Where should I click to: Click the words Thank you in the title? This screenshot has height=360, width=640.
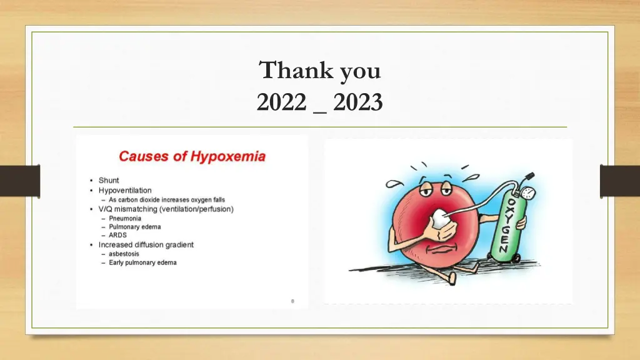(320, 71)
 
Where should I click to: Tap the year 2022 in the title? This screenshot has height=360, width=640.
(281, 101)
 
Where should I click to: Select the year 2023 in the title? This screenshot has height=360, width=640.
(357, 101)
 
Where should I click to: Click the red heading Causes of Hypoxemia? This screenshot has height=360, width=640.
(192, 156)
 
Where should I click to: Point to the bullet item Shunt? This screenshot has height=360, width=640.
(109, 181)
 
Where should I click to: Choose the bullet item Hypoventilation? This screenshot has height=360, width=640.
(125, 190)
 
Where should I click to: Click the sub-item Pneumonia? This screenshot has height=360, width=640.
(125, 219)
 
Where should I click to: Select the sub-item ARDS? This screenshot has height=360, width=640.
(117, 236)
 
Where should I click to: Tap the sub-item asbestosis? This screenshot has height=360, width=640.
(124, 254)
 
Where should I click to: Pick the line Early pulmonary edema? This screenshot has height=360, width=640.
(142, 262)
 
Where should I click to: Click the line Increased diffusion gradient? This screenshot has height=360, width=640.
(146, 244)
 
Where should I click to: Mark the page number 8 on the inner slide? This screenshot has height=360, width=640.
(292, 301)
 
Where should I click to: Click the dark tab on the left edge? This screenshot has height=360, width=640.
(19, 181)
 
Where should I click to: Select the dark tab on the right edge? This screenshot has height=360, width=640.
(619, 181)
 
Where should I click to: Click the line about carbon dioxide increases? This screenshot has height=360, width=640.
(166, 200)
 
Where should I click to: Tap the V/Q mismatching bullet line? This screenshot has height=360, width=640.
(166, 209)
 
